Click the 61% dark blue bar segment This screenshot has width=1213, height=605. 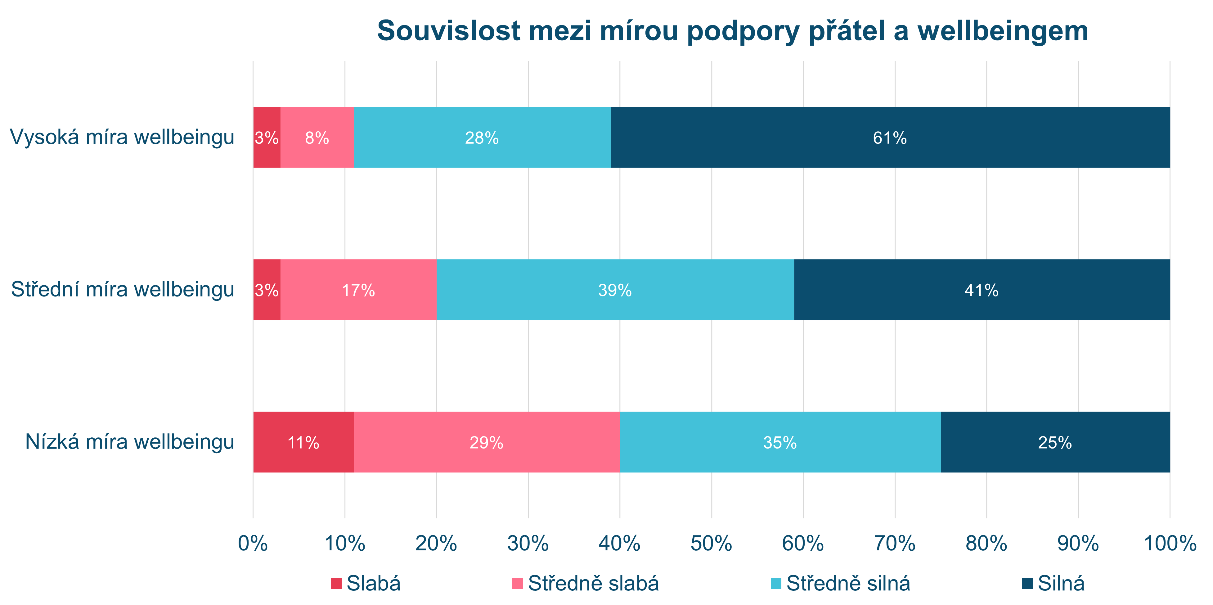[890, 137]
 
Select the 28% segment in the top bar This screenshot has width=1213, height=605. [482, 137]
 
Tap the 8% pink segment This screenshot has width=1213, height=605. [317, 137]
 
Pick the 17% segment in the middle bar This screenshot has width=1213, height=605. [358, 290]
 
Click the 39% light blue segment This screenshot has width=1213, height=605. [615, 290]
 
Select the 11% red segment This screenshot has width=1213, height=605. [303, 442]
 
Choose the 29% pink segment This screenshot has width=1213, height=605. [487, 442]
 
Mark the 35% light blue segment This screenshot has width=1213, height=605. [780, 442]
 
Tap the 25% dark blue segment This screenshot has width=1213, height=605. [1055, 442]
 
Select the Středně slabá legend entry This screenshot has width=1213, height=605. [585, 583]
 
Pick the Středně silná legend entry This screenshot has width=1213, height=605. [841, 583]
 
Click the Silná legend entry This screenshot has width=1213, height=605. [1054, 583]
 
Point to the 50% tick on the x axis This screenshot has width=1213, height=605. [711, 543]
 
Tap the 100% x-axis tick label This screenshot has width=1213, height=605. [1170, 543]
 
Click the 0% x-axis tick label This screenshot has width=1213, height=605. [253, 543]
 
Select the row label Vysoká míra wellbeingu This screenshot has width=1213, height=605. [122, 137]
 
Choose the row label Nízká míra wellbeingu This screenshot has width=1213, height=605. [129, 442]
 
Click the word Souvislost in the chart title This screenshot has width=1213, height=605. [448, 31]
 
